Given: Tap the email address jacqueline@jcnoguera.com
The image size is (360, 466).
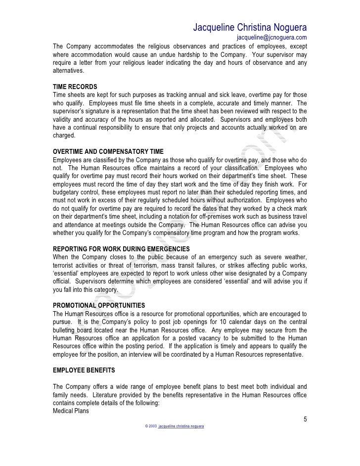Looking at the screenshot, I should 271,38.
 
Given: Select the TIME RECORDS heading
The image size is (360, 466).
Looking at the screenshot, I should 75,87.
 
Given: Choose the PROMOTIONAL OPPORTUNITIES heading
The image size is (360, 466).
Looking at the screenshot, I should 99,305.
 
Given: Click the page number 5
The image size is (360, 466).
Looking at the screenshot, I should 305,419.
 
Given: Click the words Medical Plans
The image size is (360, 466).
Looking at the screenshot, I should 71,410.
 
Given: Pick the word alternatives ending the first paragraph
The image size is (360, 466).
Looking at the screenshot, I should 69,71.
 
